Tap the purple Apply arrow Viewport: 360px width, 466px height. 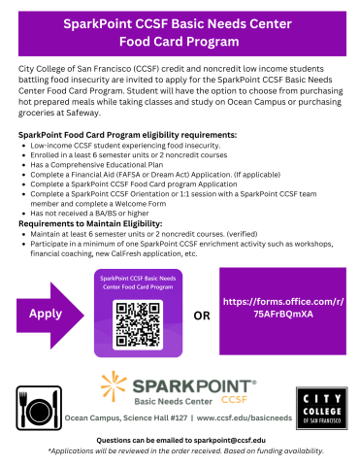49,314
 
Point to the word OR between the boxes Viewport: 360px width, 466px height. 203,316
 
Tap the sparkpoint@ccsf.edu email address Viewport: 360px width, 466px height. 226,440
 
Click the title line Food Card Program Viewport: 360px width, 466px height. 180,42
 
